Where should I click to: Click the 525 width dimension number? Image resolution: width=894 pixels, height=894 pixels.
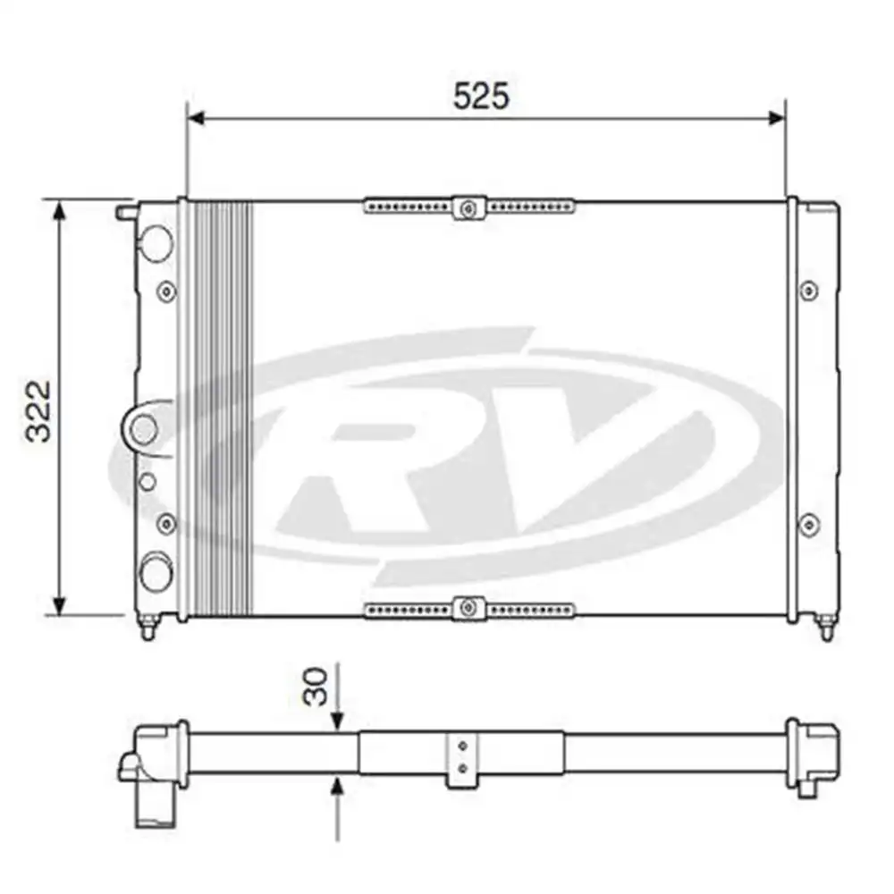(481, 96)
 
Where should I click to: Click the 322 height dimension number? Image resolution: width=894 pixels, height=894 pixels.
(38, 411)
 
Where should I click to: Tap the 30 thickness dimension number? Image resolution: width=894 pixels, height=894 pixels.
(316, 687)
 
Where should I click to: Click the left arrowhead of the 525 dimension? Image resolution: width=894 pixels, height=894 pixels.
(196, 118)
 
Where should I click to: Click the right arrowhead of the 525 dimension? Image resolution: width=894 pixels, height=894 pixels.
(777, 118)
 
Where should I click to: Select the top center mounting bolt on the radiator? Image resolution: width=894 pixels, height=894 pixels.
(468, 208)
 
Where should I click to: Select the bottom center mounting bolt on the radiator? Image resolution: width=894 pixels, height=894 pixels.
(468, 608)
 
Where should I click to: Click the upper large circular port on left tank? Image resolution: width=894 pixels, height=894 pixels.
(156, 243)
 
